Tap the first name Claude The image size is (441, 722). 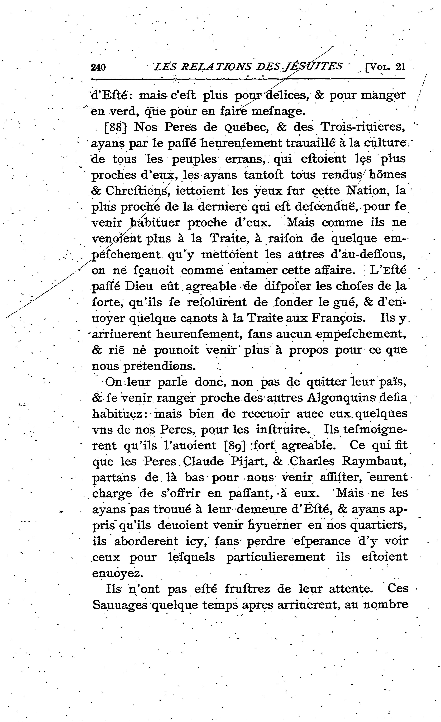click(203, 462)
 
